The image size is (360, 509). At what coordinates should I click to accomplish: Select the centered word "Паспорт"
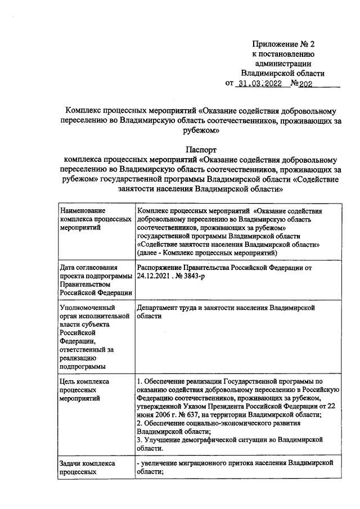[201, 149]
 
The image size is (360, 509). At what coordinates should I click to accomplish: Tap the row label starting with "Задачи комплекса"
[87, 463]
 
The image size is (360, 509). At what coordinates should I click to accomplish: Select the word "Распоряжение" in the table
[163, 268]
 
